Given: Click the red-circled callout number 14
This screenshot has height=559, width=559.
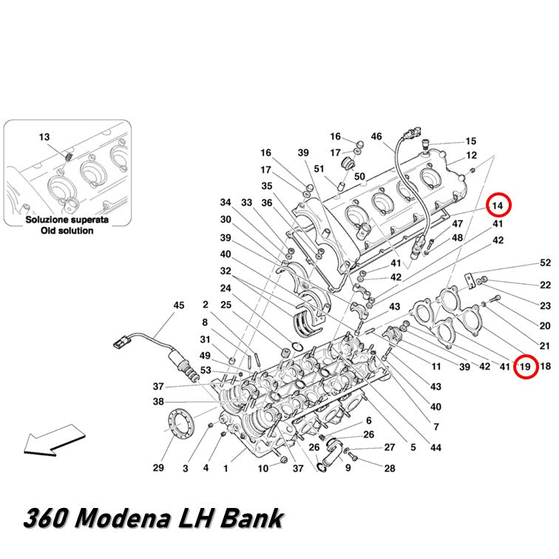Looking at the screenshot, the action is click(x=498, y=206).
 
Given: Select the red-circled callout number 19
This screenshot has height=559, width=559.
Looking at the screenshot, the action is click(x=526, y=366).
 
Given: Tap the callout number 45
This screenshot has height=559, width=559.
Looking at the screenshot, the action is click(x=179, y=305).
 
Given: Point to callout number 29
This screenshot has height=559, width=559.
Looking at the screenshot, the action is click(x=158, y=468).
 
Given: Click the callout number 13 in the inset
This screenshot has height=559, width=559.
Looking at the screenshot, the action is click(x=44, y=138).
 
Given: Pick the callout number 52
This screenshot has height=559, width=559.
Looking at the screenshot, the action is click(x=546, y=262).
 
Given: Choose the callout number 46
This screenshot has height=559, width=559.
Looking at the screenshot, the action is click(x=376, y=137).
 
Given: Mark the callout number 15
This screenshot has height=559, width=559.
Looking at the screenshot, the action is click(x=471, y=141).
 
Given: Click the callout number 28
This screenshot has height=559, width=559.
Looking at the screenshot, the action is click(x=390, y=468).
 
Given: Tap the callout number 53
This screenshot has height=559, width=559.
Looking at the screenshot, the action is click(x=206, y=370).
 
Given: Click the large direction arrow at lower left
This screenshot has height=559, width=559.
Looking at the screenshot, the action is click(x=54, y=440).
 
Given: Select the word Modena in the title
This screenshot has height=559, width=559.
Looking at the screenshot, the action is click(x=123, y=518).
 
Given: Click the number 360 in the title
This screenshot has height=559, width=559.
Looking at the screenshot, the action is click(x=46, y=518).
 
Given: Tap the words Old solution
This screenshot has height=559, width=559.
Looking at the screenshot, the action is click(x=67, y=231).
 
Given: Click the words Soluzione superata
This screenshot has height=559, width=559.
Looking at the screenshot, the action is click(x=67, y=220).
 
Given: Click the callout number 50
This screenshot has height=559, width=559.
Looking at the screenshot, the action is click(x=359, y=177).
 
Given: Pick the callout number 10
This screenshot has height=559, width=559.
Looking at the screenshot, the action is click(x=263, y=469).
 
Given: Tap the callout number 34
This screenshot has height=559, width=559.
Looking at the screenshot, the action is click(x=226, y=203).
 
